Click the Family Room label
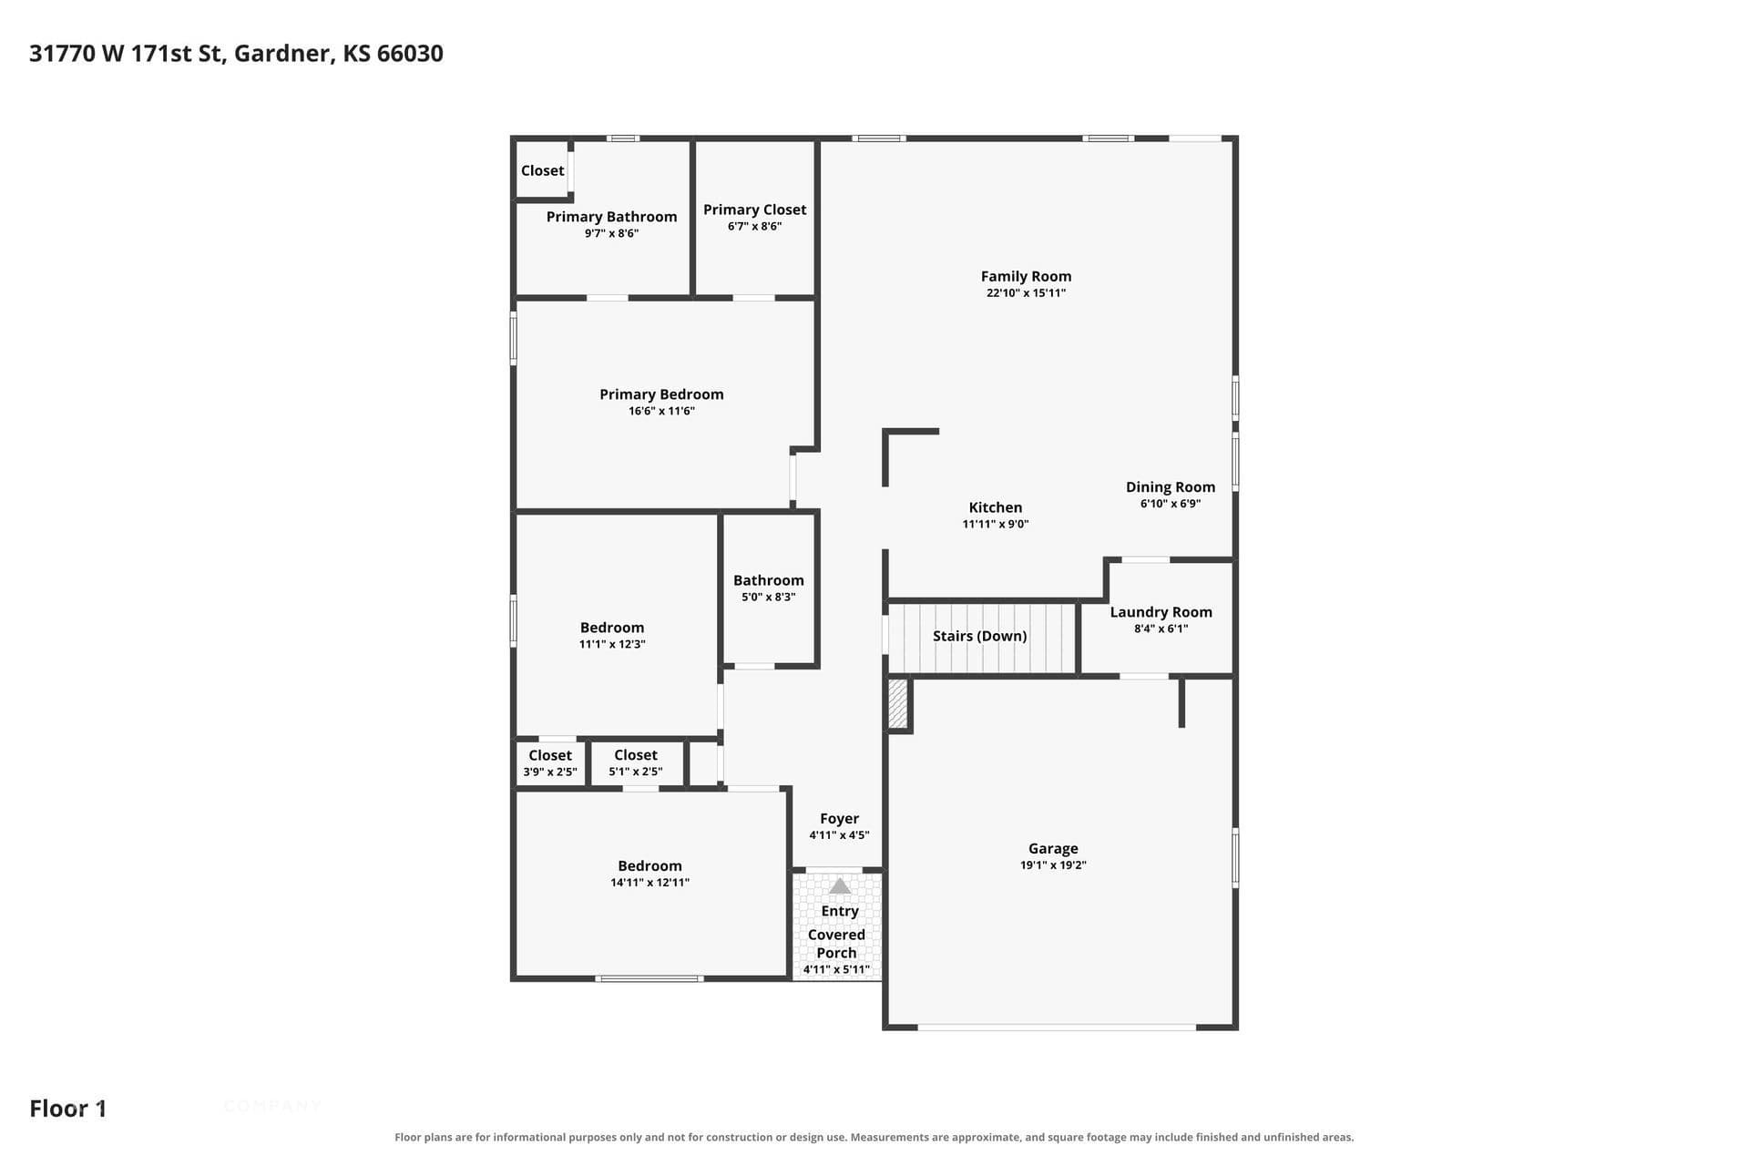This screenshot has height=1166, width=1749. coord(1026,276)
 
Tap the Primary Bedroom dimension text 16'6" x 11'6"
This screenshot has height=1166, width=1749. coord(661,411)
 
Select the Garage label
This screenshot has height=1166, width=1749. coord(1053,848)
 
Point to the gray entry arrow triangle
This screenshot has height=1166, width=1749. coord(839,885)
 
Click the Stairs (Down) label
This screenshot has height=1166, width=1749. coord(979,636)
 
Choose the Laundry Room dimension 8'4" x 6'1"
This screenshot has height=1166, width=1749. coord(1161,629)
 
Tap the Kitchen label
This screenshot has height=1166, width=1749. coord(995,507)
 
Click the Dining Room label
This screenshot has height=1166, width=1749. coord(1170,486)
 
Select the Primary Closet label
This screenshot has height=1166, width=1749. coord(754,210)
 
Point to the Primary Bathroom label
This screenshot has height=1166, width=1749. coord(611,217)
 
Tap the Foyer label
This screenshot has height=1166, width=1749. coord(839,819)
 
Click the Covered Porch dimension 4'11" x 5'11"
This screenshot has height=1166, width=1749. coord(836,969)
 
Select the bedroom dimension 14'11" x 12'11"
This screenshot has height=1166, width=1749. coord(649,883)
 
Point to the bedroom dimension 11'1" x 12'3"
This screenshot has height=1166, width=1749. coord(612,644)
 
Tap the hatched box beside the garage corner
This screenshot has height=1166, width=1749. coord(898,703)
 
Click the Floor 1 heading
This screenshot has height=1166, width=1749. coord(68,1109)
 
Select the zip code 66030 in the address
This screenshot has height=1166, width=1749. coord(410,54)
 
